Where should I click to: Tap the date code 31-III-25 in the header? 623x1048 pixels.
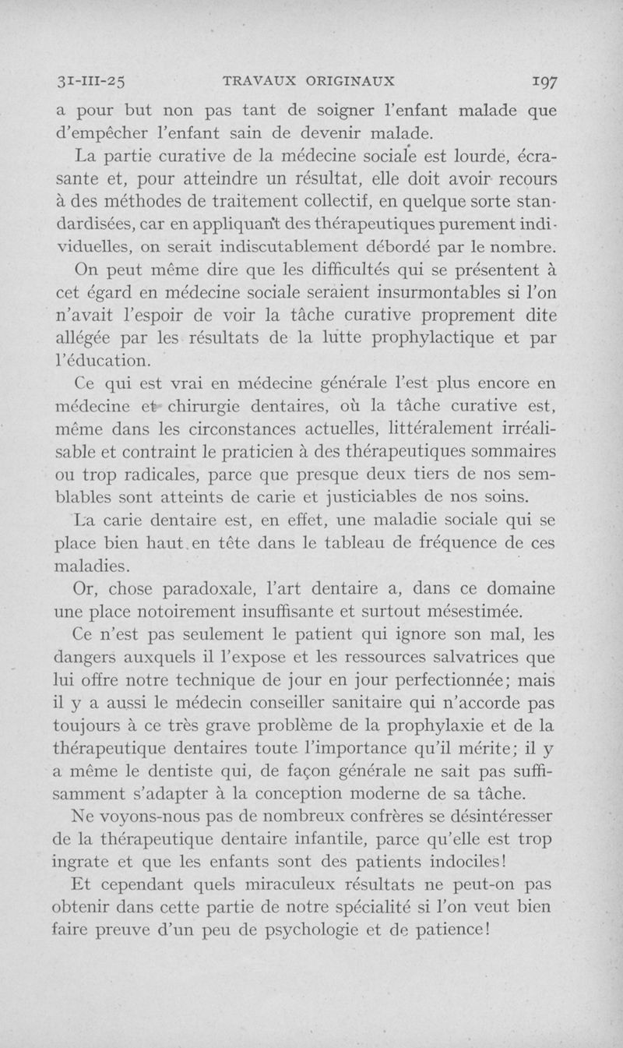pyautogui.click(x=97, y=80)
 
